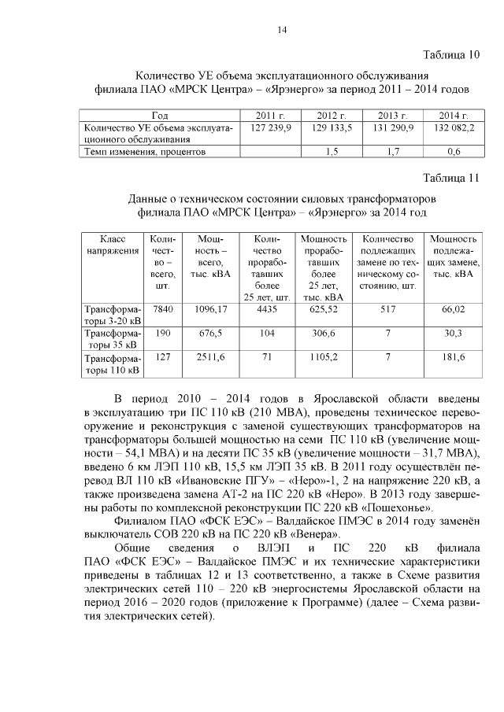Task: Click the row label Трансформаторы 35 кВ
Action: point(112,338)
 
